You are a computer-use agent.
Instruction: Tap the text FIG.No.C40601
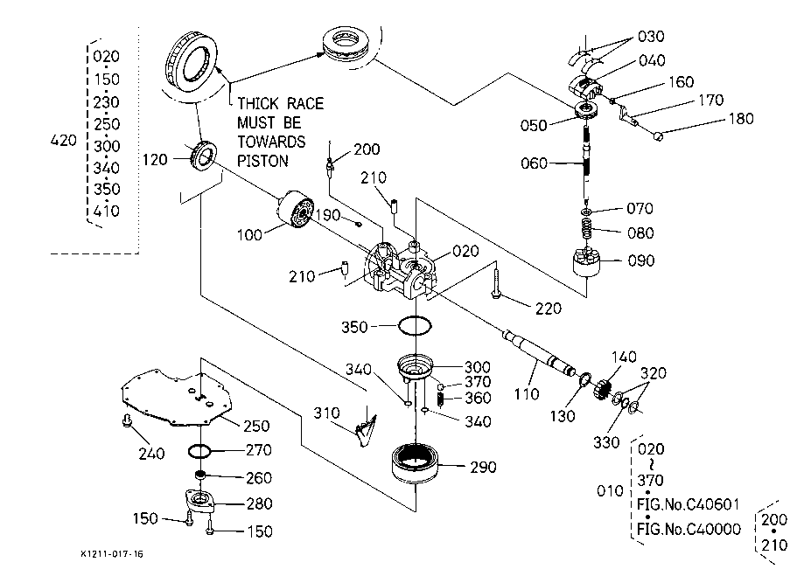point(689,504)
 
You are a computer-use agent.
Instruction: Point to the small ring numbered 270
point(201,451)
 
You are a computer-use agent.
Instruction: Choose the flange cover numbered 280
point(205,504)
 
